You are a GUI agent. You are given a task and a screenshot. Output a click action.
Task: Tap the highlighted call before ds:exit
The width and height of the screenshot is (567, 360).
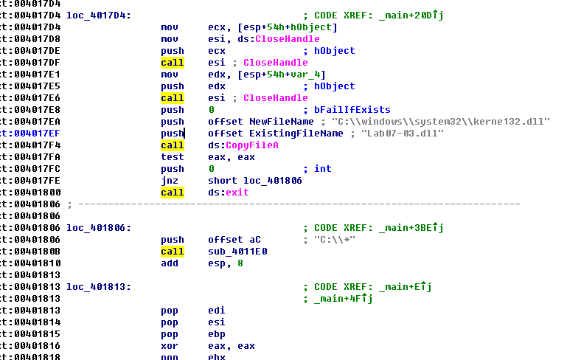tap(172, 193)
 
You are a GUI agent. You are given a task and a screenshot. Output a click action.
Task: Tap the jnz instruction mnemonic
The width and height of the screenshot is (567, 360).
tap(169, 181)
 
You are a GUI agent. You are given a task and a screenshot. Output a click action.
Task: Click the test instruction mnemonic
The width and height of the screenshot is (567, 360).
tap(172, 157)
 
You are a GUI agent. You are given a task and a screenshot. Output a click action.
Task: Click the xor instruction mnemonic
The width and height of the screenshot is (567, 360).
tap(169, 346)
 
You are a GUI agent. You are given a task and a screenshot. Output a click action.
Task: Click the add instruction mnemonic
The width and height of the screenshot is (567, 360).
tap(169, 263)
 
